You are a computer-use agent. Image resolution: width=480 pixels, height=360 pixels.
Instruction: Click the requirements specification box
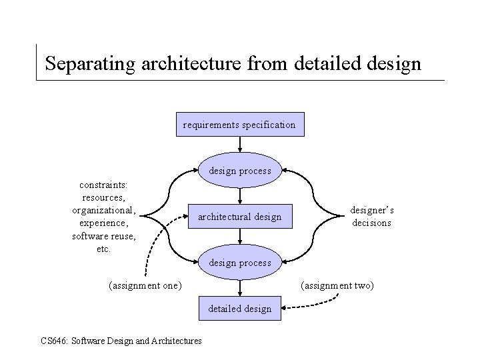[239, 125]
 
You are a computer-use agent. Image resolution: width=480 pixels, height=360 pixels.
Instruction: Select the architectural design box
[239, 217]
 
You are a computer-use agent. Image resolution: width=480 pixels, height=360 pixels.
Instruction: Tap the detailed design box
[239, 308]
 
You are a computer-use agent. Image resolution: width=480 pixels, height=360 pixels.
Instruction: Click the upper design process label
[239, 171]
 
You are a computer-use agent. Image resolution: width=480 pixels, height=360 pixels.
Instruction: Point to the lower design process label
[239, 263]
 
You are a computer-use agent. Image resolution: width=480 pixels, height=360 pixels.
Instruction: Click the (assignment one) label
[144, 285]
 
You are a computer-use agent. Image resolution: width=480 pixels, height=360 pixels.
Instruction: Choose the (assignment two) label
[337, 285]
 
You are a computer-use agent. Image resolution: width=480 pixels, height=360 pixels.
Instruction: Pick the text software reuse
[103, 236]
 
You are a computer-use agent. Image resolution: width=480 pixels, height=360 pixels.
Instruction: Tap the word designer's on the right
[372, 210]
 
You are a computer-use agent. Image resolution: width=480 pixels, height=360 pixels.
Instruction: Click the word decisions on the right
[372, 223]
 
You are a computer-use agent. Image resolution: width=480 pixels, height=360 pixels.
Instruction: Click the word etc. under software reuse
[103, 249]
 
